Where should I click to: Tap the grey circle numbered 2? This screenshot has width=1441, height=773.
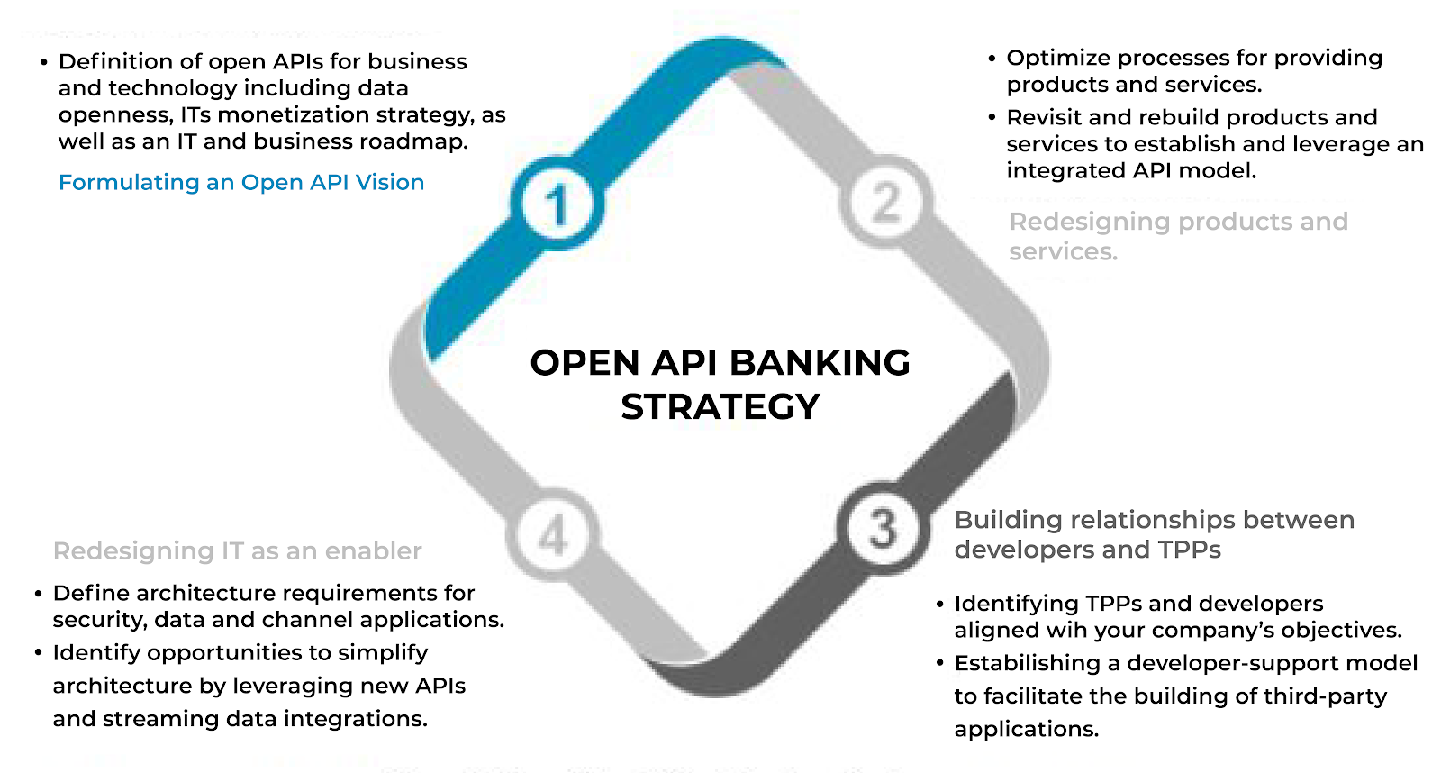pyautogui.click(x=886, y=202)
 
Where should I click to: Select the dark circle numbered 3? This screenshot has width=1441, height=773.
pyautogui.click(x=883, y=528)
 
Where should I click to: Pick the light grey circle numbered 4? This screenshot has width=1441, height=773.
pyautogui.click(x=553, y=535)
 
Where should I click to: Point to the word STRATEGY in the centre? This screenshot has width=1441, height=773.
pyautogui.click(x=720, y=407)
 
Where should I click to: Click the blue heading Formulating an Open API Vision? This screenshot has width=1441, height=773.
pyautogui.click(x=240, y=183)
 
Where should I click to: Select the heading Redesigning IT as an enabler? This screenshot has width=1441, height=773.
pyautogui.click(x=237, y=551)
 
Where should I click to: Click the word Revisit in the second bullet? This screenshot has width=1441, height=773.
pyautogui.click(x=1043, y=118)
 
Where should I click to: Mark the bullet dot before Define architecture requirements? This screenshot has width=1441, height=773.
pyautogui.click(x=39, y=594)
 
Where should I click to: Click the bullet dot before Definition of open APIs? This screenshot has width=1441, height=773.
pyautogui.click(x=43, y=63)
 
